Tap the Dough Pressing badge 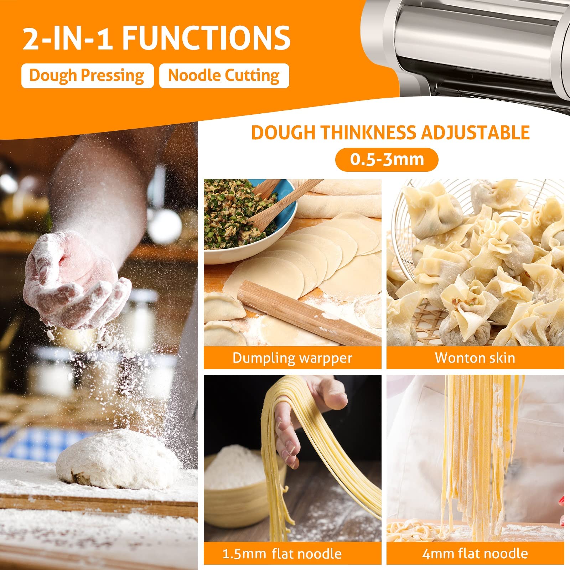tap(87, 76)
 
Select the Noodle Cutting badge tap(224, 76)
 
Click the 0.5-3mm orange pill tap(387, 159)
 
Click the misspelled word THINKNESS tap(368, 133)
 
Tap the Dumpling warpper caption tap(292, 358)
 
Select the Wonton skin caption tap(475, 358)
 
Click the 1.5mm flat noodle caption tap(282, 554)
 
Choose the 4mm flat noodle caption tap(475, 554)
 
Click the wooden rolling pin tap(310, 313)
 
